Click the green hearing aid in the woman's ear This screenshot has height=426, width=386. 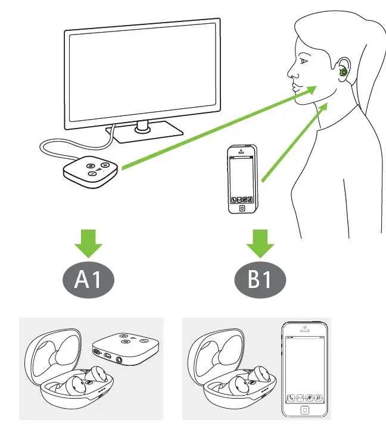click(344, 73)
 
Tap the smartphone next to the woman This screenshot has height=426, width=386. click(242, 178)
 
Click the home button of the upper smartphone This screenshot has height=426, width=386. click(242, 209)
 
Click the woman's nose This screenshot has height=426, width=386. click(291, 73)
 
